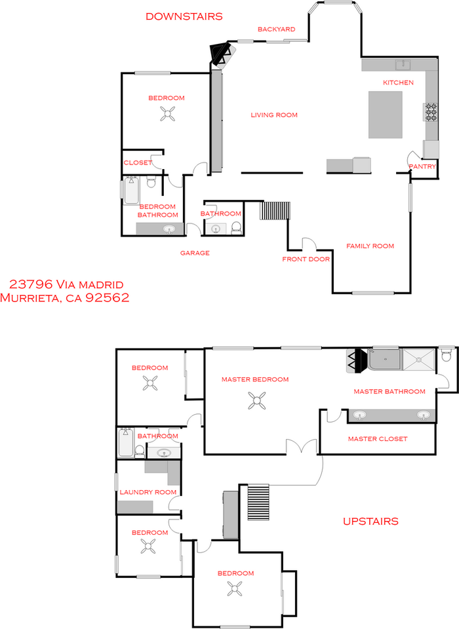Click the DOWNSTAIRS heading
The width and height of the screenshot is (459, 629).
click(x=184, y=16)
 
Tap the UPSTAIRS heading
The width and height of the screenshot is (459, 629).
click(x=370, y=521)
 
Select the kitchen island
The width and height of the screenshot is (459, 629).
click(x=386, y=115)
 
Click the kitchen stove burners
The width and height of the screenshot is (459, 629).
click(x=431, y=112)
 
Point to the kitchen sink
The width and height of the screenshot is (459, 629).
click(x=403, y=65)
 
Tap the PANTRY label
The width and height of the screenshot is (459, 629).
click(x=422, y=166)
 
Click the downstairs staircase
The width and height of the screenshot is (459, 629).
click(x=275, y=210)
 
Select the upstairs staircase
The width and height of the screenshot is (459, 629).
click(x=258, y=503)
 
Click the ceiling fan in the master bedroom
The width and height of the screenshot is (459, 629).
click(x=256, y=401)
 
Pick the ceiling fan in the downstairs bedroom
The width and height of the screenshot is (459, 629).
click(x=167, y=113)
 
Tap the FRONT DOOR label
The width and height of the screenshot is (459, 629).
click(x=306, y=259)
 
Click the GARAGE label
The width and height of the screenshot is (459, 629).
click(x=195, y=253)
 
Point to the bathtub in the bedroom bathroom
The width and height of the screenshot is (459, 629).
click(x=131, y=190)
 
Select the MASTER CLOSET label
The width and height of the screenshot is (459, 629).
click(x=378, y=439)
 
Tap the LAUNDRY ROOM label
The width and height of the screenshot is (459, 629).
click(x=148, y=492)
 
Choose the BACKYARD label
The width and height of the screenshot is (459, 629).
click(x=276, y=29)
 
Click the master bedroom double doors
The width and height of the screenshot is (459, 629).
click(x=302, y=446)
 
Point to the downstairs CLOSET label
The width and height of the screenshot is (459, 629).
click(x=138, y=162)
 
